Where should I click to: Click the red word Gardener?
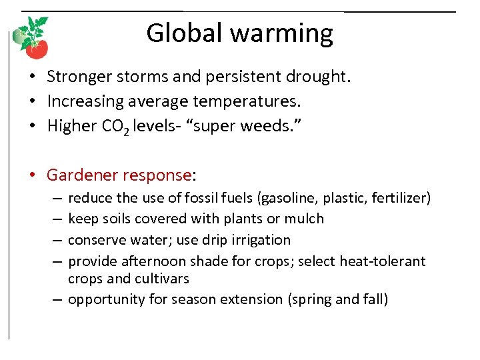pyautogui.click(x=83, y=175)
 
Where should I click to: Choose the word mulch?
pyautogui.click(x=305, y=219)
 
